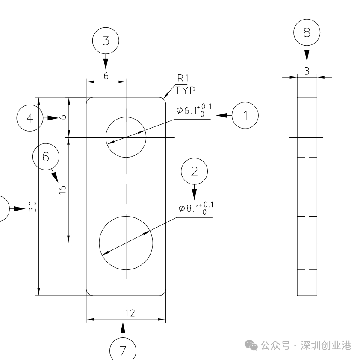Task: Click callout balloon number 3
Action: click(x=106, y=41)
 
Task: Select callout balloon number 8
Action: click(x=307, y=33)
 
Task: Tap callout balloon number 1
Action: click(x=245, y=115)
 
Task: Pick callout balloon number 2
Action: click(x=195, y=171)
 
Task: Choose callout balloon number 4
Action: click(x=30, y=118)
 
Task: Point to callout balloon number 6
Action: click(x=46, y=157)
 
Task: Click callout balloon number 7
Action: click(x=123, y=350)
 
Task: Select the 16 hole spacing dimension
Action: click(x=62, y=190)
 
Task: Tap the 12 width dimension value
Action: click(x=130, y=313)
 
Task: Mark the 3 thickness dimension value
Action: click(x=307, y=71)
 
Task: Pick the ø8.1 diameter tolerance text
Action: click(x=196, y=208)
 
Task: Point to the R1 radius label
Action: click(x=183, y=78)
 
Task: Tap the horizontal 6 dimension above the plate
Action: click(x=106, y=75)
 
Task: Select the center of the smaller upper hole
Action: click(x=126, y=137)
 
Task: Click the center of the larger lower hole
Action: click(x=126, y=243)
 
